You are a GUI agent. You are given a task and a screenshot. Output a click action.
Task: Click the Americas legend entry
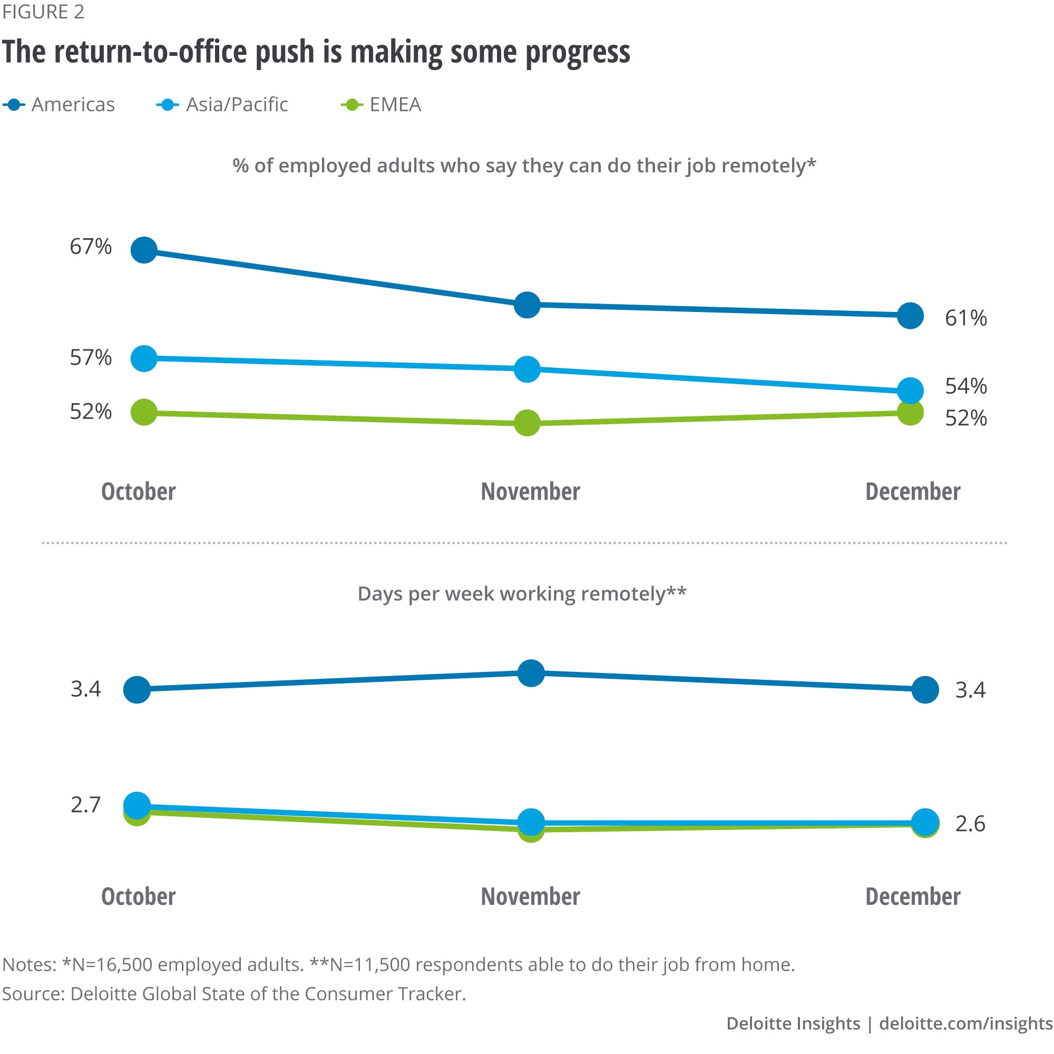coord(60,105)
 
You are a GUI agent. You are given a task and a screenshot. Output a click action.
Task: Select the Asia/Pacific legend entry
coord(223,105)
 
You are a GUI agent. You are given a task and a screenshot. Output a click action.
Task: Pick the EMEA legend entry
coord(382,105)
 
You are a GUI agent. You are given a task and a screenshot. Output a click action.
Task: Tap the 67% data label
coord(91,247)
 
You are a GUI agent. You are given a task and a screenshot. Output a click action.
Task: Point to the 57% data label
coord(91,358)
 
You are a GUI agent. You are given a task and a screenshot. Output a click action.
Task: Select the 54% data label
coord(965,386)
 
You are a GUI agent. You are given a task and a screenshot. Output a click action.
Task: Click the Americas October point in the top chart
coord(144,250)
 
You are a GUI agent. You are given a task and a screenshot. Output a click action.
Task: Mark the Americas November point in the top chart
coord(527,305)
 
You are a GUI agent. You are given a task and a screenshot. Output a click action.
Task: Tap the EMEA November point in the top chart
coord(527,423)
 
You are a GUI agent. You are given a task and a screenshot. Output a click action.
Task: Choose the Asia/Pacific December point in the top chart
coord(910,391)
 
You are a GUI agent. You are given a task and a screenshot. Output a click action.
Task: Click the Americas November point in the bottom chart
coord(531,673)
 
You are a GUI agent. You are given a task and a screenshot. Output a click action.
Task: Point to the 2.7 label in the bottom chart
coord(86,805)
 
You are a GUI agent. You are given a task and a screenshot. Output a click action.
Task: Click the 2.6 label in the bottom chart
coord(970,824)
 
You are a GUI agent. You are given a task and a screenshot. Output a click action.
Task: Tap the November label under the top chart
coord(530,492)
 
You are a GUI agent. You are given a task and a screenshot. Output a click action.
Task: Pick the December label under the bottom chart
coord(913,896)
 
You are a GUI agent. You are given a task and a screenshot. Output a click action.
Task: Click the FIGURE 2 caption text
coord(43,12)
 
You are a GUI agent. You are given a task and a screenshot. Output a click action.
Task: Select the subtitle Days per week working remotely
coord(522,593)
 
